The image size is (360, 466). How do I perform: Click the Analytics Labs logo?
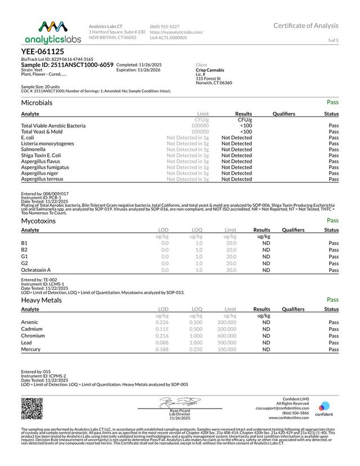tap(52, 33)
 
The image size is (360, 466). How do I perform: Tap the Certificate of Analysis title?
tap(306, 25)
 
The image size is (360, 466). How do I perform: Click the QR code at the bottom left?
tap(31, 409)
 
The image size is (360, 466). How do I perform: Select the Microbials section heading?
tap(37, 103)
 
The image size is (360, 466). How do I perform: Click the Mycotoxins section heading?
tap(38, 221)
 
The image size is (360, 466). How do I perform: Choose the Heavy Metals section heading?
tap(42, 300)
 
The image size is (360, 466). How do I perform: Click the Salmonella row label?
tap(34, 149)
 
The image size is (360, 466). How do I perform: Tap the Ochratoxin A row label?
tap(35, 270)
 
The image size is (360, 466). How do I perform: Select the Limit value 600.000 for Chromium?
tap(227, 335)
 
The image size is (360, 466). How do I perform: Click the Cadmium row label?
tap(33, 329)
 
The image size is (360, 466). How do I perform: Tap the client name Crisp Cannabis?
tap(211, 70)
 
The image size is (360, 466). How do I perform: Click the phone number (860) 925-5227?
tap(164, 26)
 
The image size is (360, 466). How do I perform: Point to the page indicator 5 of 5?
tap(333, 41)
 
